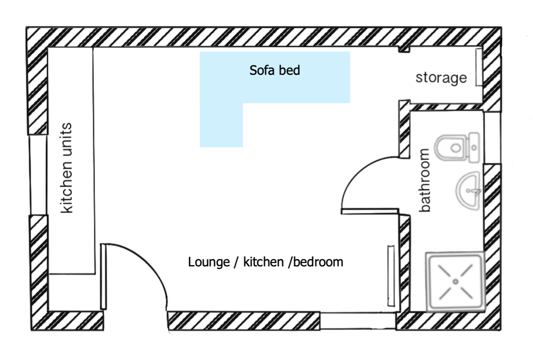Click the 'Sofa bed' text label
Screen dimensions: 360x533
pyautogui.click(x=275, y=71)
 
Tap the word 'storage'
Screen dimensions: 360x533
pyautogui.click(x=441, y=78)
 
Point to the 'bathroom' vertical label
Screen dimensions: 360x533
pyautogui.click(x=424, y=180)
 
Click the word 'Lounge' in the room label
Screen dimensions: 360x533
pyautogui.click(x=209, y=262)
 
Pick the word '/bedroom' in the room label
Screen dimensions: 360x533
pyautogui.click(x=315, y=262)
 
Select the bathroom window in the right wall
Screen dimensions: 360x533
pyautogui.click(x=492, y=138)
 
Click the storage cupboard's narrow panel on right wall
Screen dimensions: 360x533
pyautogui.click(x=478, y=67)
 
